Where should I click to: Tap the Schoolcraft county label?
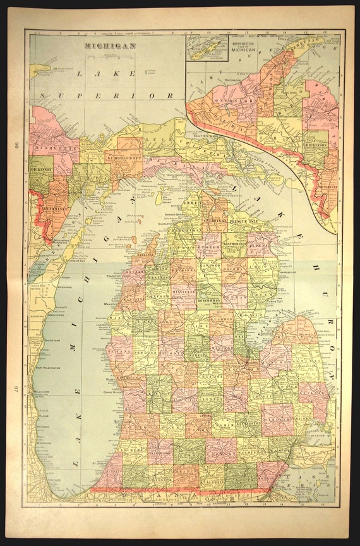(x=123, y=157)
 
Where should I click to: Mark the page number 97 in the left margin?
(x=15, y=382)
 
